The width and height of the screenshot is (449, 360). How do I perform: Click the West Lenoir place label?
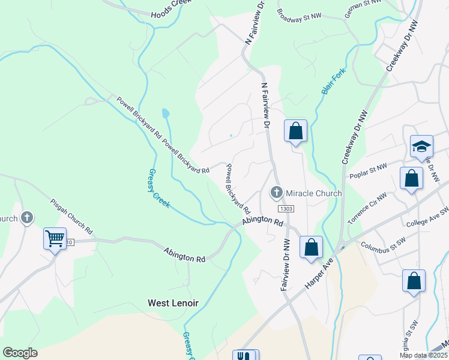tap(173, 303)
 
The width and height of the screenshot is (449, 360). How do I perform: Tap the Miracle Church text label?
tap(313, 193)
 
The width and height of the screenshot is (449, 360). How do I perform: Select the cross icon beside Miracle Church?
tap(277, 193)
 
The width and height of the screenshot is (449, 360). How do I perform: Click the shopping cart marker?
tap(55, 238)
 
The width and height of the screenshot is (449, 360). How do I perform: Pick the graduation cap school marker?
tap(421, 146)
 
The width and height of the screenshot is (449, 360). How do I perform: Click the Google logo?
tap(20, 352)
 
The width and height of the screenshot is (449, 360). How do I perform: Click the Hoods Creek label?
tap(171, 8)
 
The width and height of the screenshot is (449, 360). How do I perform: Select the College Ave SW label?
tap(427, 218)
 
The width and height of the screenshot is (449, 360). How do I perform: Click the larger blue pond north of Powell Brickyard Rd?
tap(165, 113)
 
